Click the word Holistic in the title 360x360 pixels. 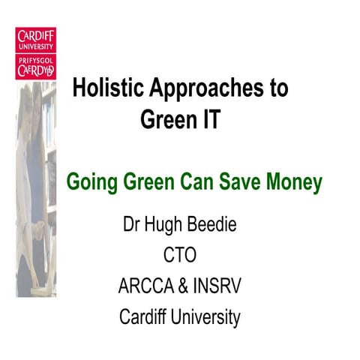coord(104,88)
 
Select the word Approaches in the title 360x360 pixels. coord(202,90)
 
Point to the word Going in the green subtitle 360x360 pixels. coord(88,182)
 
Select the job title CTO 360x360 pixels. coord(179,255)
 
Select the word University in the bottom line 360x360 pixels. coord(208,316)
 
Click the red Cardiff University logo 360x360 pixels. coord(35,52)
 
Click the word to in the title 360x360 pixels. coord(277,90)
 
